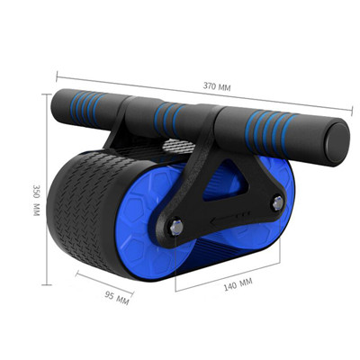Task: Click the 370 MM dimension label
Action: click(x=217, y=86)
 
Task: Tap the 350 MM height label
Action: click(x=36, y=200)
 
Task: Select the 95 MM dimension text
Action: click(x=117, y=297)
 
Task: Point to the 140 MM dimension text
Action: click(x=238, y=283)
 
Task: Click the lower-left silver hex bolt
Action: click(x=176, y=227)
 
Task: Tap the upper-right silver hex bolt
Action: click(x=278, y=202)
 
